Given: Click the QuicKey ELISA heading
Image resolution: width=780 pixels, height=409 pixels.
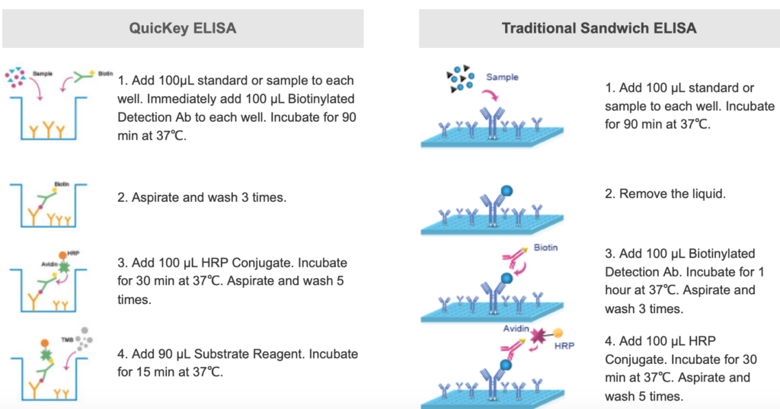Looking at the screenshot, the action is pyautogui.click(x=183, y=28).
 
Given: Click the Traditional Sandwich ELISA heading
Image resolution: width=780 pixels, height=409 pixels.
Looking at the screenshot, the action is pyautogui.click(x=599, y=28).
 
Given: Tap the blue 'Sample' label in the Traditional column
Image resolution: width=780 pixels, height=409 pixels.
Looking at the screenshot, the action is pyautogui.click(x=502, y=77).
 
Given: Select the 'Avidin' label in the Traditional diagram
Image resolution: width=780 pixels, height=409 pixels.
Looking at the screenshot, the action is pyautogui.click(x=516, y=328).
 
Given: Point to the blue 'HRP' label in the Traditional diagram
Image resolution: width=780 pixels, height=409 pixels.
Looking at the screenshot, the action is pyautogui.click(x=564, y=346).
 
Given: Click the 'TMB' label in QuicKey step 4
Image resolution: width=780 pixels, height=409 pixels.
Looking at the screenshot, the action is pyautogui.click(x=67, y=340).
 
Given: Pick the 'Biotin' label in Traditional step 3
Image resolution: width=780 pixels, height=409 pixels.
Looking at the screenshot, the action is pyautogui.click(x=545, y=248).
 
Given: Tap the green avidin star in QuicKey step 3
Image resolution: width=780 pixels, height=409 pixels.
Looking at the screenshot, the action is pyautogui.click(x=64, y=267).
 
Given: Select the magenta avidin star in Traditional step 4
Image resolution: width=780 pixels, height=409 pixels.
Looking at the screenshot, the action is pyautogui.click(x=538, y=337).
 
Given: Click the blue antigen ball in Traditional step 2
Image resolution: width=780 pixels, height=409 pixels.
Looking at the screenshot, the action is pyautogui.click(x=507, y=190).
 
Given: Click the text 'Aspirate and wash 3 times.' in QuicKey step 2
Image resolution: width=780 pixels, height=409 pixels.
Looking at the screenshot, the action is pyautogui.click(x=202, y=197).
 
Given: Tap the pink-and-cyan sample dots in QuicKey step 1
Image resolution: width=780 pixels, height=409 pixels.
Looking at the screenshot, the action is pyautogui.click(x=15, y=77).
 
